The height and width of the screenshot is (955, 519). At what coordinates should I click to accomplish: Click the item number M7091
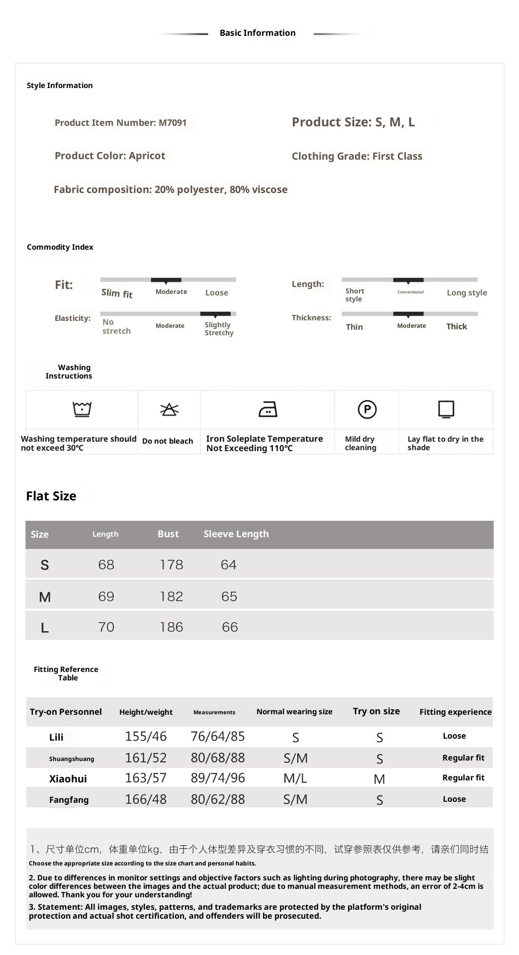click(x=173, y=123)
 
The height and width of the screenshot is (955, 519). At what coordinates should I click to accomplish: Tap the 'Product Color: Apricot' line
click(x=110, y=156)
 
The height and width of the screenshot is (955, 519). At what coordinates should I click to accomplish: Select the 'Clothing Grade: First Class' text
click(x=357, y=156)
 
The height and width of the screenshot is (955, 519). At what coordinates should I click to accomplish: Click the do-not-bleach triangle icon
click(x=169, y=409)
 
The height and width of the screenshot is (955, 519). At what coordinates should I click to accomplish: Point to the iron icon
click(x=268, y=409)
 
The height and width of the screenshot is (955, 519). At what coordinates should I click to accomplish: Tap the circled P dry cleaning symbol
click(x=367, y=409)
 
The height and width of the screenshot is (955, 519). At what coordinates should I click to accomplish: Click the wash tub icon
click(x=82, y=409)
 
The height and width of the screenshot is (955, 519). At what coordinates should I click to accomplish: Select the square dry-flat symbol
click(x=446, y=409)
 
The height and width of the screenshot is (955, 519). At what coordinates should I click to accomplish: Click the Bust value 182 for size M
click(x=172, y=596)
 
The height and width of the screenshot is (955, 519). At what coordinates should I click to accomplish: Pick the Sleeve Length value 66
click(x=230, y=627)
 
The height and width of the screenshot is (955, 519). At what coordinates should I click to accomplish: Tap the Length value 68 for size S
click(x=106, y=565)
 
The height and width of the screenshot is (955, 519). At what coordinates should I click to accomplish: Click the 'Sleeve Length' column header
click(x=236, y=534)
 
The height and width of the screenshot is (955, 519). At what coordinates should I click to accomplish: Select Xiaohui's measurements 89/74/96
click(x=218, y=778)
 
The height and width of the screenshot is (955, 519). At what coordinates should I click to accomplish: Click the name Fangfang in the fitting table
click(x=69, y=800)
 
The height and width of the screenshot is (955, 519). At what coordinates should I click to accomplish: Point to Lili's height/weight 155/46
click(x=146, y=737)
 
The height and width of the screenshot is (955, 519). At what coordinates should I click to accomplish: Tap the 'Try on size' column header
click(x=376, y=711)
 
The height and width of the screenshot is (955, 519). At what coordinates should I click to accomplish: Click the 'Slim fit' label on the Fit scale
click(x=117, y=293)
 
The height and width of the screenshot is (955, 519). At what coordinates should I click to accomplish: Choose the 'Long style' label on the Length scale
click(x=467, y=293)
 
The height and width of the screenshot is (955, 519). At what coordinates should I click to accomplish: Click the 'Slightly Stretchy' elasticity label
click(x=219, y=329)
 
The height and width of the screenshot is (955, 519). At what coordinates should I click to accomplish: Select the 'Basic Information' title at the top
click(x=258, y=33)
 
